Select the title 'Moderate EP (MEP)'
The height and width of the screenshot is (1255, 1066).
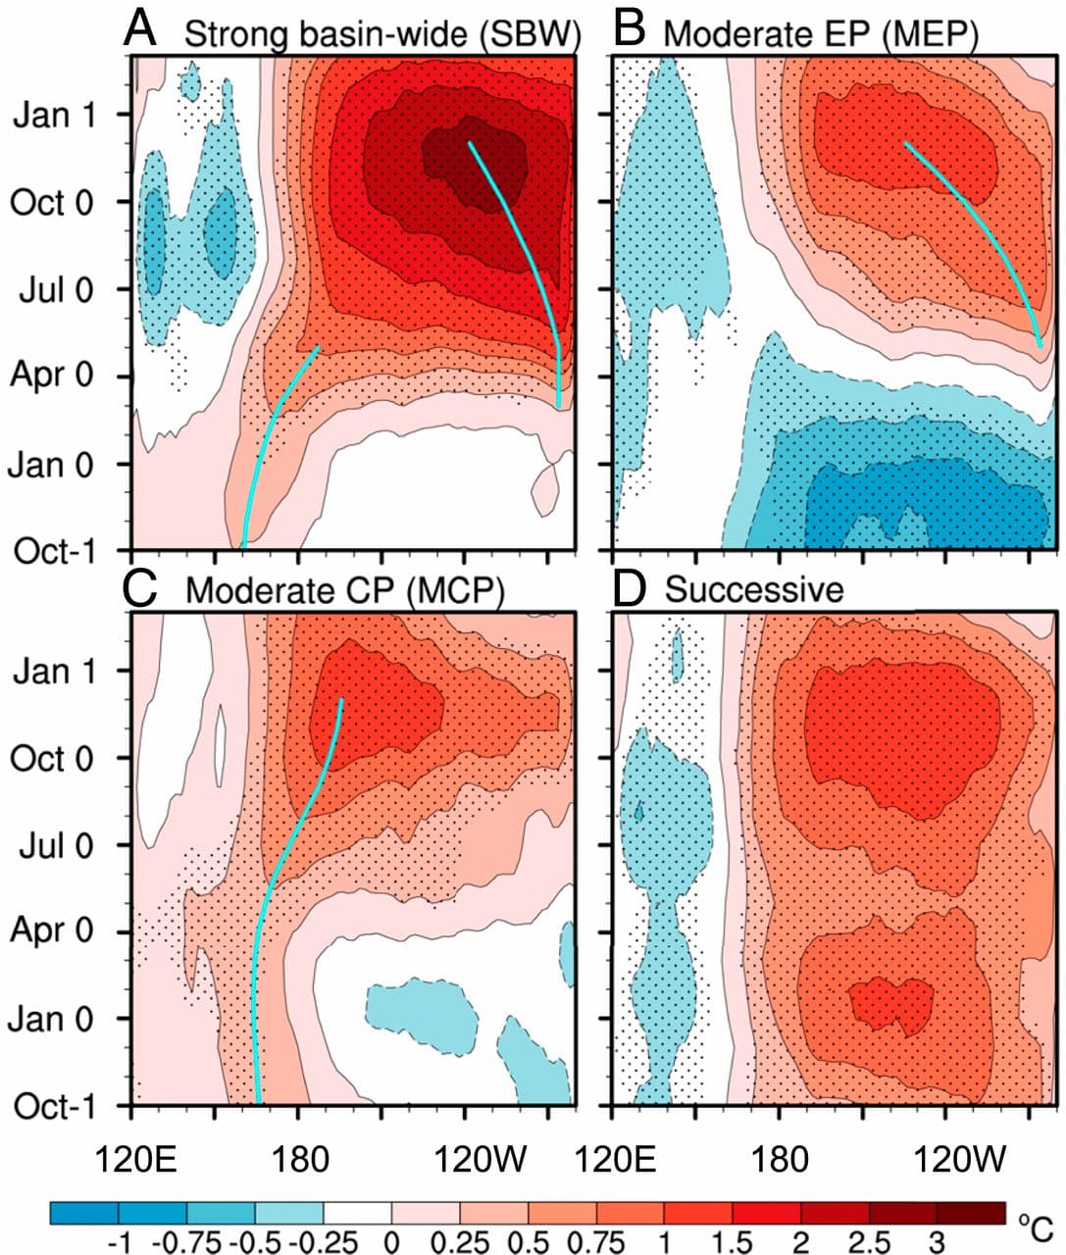click(x=821, y=35)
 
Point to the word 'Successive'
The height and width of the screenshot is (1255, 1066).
click(x=753, y=590)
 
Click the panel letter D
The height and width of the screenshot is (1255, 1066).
click(x=628, y=588)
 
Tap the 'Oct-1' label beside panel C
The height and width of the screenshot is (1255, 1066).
click(x=54, y=1106)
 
